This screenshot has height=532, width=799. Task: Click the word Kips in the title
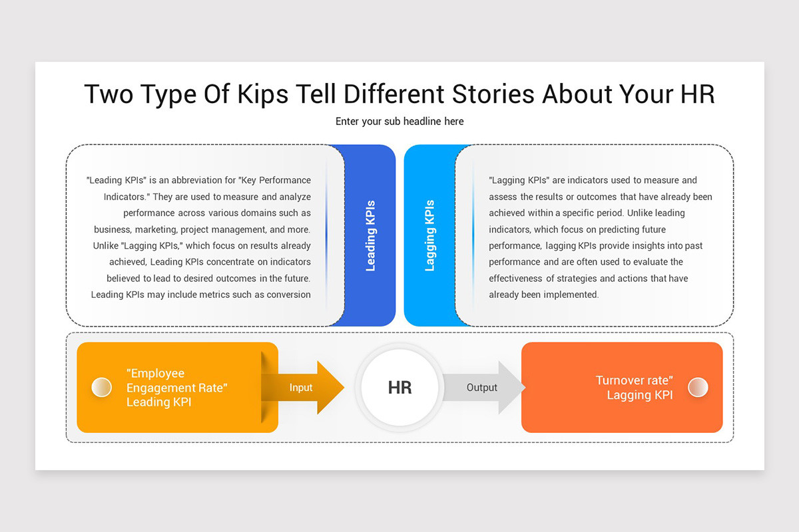[262, 94]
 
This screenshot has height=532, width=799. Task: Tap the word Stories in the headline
[493, 94]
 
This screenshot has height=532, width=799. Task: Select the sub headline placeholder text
[400, 122]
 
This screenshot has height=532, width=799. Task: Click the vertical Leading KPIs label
[371, 235]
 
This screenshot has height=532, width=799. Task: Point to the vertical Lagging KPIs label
[430, 235]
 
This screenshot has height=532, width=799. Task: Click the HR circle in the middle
[400, 387]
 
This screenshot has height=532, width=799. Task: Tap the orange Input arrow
[303, 387]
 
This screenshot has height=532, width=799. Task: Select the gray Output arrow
[485, 387]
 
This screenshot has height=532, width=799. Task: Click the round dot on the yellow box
[102, 387]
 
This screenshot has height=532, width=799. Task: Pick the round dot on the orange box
[698, 387]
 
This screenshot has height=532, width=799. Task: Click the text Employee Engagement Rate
[177, 380]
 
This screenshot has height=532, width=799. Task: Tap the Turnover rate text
[634, 380]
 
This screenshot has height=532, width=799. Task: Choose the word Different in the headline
[394, 94]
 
